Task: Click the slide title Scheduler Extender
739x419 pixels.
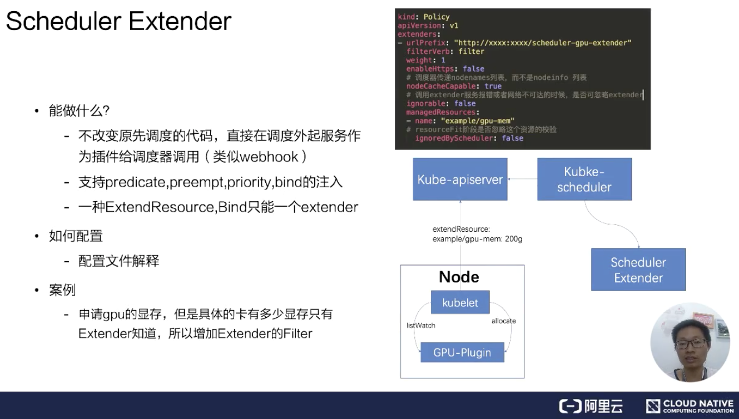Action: point(118,22)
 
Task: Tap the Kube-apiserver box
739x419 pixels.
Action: point(460,179)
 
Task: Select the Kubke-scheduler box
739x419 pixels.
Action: point(584,179)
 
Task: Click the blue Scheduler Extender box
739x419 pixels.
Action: point(638,270)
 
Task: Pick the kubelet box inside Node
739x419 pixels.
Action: point(460,303)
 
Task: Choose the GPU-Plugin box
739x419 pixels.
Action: point(462,352)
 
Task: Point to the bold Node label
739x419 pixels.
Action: point(459,277)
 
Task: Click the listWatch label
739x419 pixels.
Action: point(421,325)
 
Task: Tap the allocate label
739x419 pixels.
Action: point(503,321)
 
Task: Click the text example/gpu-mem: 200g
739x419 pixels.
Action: point(478,239)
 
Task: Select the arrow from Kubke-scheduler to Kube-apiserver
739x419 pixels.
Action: point(522,179)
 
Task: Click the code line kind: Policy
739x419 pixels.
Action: point(424,17)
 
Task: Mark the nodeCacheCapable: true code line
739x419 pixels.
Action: point(454,86)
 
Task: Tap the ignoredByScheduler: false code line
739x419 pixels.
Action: point(469,138)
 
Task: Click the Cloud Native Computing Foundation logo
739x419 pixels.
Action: point(690,406)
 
